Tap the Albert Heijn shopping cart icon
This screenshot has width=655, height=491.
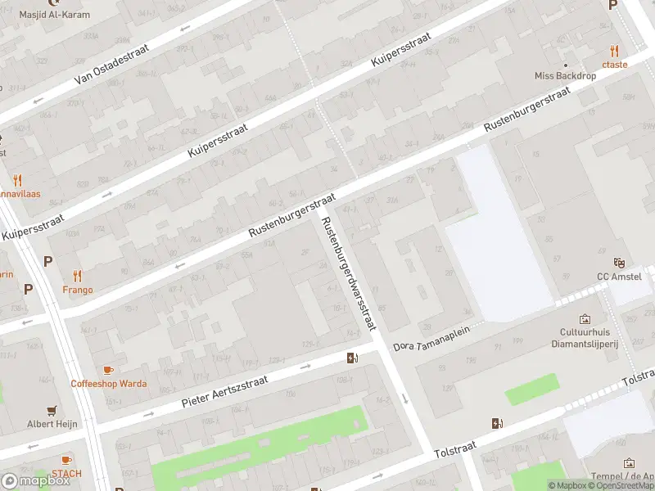52,410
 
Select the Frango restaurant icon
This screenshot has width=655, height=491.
78,276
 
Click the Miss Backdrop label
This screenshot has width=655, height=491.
565,75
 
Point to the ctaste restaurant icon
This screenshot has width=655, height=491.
614,51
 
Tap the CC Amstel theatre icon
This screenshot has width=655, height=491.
620,263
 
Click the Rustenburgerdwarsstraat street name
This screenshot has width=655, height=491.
349,273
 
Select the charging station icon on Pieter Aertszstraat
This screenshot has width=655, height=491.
352,358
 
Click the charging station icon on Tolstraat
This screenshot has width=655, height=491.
496,423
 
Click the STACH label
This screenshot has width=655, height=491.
66,473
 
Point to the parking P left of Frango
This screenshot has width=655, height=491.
47,262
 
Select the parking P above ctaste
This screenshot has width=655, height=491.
612,5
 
